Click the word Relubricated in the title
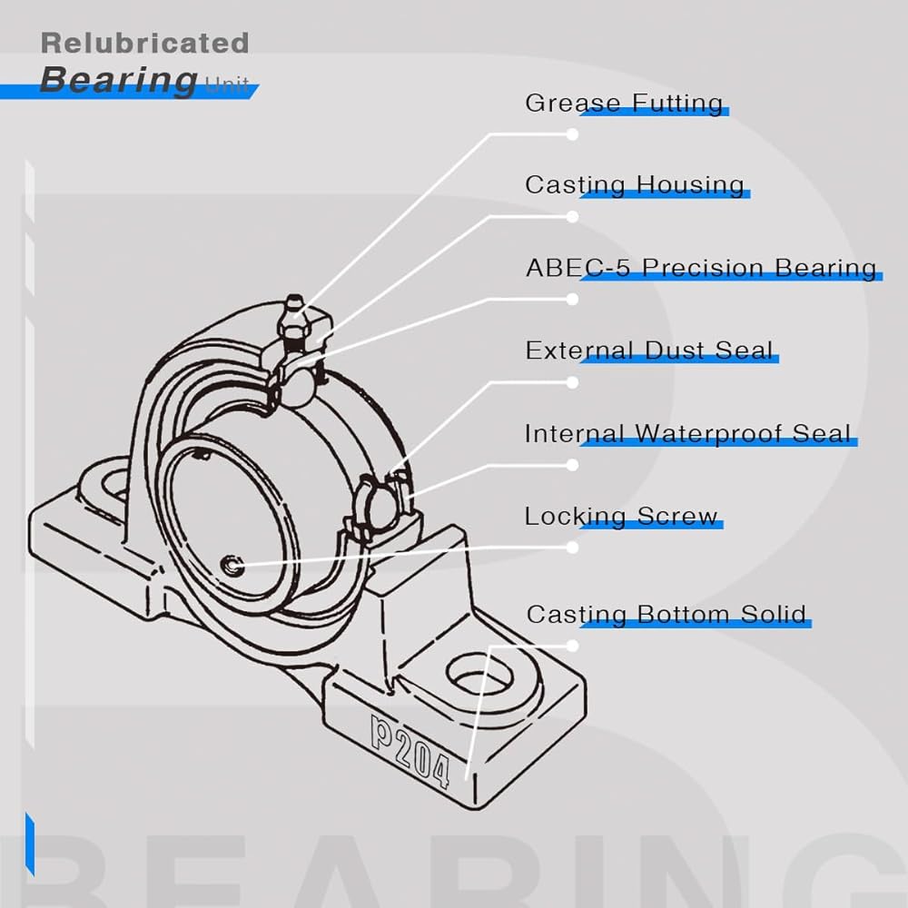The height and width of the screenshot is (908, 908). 145,43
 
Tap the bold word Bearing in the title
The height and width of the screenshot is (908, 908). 118,80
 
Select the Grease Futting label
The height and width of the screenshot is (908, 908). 624,103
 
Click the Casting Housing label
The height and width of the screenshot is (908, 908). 635,185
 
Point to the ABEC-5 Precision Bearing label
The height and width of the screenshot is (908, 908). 701,268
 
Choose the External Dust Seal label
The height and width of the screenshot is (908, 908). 649,350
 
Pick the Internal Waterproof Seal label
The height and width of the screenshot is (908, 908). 689,433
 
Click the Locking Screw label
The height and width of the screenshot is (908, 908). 621,517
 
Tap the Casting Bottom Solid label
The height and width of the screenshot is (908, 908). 666,615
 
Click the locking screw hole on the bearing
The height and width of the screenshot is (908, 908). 233,567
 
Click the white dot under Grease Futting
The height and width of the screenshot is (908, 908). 572,133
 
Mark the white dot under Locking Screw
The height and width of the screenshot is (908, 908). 572,548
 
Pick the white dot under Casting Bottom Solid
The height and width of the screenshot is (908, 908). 572,646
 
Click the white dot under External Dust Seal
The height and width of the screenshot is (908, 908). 572,382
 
